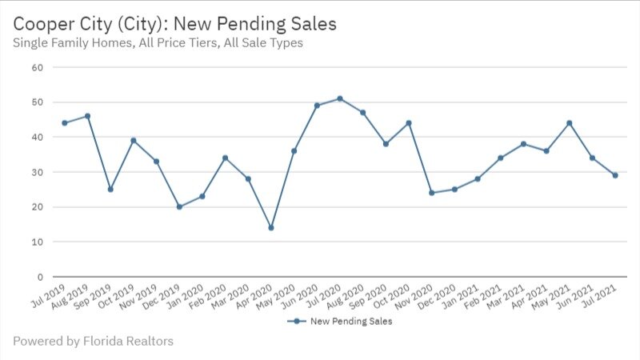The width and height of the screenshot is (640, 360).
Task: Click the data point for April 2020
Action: pos(271,228)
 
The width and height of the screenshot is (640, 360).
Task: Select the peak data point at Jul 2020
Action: pos(340,98)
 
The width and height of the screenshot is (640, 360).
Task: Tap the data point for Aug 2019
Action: pos(87,116)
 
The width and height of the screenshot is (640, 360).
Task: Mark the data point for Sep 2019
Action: pos(110,190)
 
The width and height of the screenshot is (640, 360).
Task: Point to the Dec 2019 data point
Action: pos(179,206)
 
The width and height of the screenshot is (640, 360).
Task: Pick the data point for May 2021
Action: pos(570,123)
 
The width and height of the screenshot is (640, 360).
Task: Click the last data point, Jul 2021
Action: pos(615,175)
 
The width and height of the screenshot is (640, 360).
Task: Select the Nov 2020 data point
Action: pos(432,193)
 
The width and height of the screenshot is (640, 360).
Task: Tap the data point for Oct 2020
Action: pos(409,123)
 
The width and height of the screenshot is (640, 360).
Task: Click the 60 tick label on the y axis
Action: pos(37,67)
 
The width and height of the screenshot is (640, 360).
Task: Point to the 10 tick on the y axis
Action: pos(37,242)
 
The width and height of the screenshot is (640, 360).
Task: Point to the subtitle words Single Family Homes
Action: pos(69,43)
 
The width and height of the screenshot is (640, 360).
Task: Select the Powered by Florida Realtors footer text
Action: pos(93,342)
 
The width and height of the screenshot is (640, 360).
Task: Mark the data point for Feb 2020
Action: pos(226,158)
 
